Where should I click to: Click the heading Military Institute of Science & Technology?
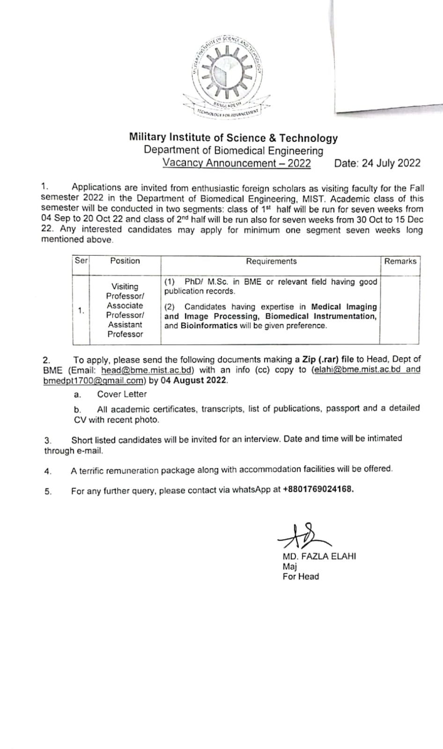233,138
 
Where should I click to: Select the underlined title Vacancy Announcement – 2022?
236,163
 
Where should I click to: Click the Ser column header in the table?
81,260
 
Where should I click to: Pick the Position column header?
125,261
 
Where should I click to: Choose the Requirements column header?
271,261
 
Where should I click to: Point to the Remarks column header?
400,261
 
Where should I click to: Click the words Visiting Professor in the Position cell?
125,291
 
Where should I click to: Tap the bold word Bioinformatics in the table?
209,326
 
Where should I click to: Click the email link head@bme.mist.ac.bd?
147,370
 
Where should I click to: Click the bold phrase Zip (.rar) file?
328,359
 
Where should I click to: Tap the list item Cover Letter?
122,394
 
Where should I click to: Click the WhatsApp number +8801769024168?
318,489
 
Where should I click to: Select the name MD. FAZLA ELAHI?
319,556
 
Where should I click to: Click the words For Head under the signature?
301,577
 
